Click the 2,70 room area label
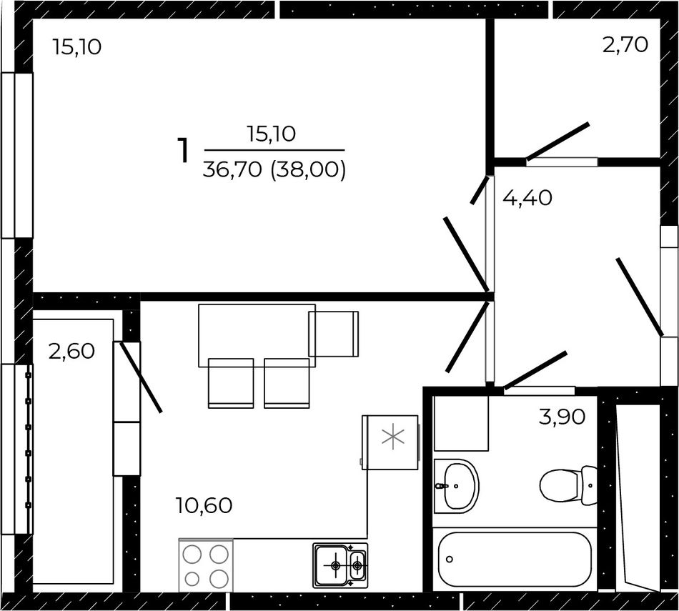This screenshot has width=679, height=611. point(625,45)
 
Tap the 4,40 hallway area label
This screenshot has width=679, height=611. point(527,199)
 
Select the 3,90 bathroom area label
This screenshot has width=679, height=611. point(562,417)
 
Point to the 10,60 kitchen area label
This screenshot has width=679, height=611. point(204,505)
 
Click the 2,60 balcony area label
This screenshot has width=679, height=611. point(71,351)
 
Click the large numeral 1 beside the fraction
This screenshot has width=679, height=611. point(184,151)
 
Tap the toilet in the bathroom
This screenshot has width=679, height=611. point(569,486)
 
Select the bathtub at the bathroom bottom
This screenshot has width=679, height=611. point(515,560)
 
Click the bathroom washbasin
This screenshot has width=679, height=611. point(456,486)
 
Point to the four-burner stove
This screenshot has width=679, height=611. point(206,565)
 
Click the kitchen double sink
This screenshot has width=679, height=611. point(340,565)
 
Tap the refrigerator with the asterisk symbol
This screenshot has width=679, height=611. point(390,442)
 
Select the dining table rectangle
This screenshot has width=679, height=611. point(257,336)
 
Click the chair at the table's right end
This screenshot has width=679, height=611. point(334,334)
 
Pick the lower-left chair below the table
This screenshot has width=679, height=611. point(231,383)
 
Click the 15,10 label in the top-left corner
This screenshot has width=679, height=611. point(77,46)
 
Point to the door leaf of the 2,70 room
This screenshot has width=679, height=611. point(557,141)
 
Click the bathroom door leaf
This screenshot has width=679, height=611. point(535,370)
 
